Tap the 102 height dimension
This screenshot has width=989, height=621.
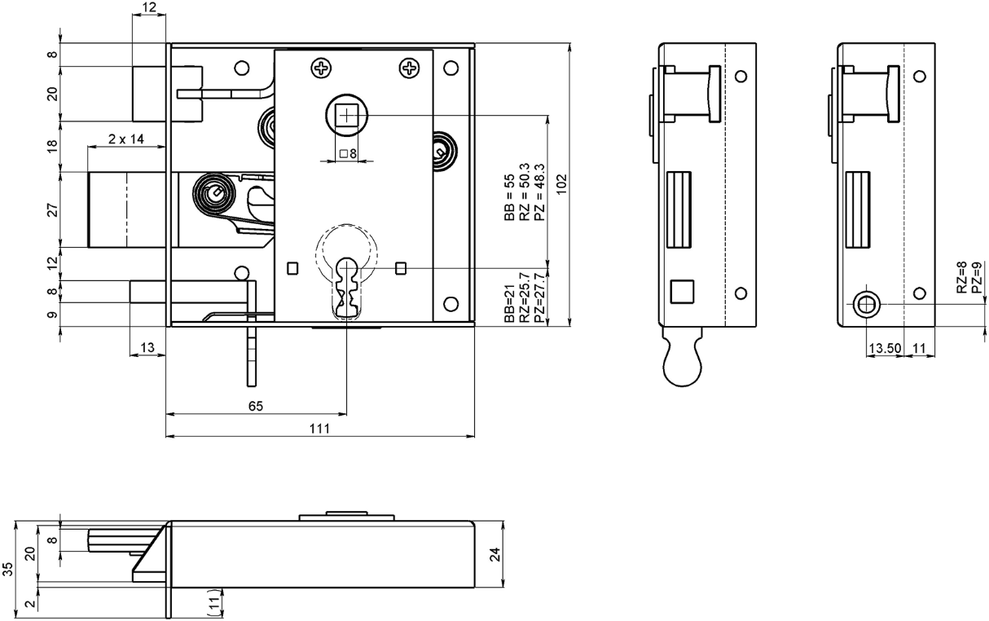(560, 184)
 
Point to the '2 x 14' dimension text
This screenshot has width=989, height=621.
(126, 139)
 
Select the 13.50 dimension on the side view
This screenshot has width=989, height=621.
(883, 349)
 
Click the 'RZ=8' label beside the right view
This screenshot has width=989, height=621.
(962, 277)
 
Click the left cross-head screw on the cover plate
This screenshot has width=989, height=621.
(320, 68)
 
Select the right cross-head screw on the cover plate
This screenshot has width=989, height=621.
(408, 68)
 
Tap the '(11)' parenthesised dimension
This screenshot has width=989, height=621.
(214, 603)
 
